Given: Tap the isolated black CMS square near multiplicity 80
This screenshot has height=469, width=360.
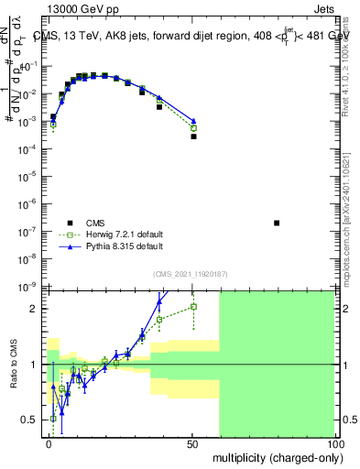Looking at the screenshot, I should tap(278, 223).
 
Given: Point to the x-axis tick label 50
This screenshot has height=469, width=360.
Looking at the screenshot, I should tap(193, 443).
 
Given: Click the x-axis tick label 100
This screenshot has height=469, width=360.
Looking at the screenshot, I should tap(335, 443).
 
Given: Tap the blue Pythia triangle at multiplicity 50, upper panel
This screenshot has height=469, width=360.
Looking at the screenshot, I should tap(193, 121).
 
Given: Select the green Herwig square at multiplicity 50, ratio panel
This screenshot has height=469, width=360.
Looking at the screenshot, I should tap(193, 306).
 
